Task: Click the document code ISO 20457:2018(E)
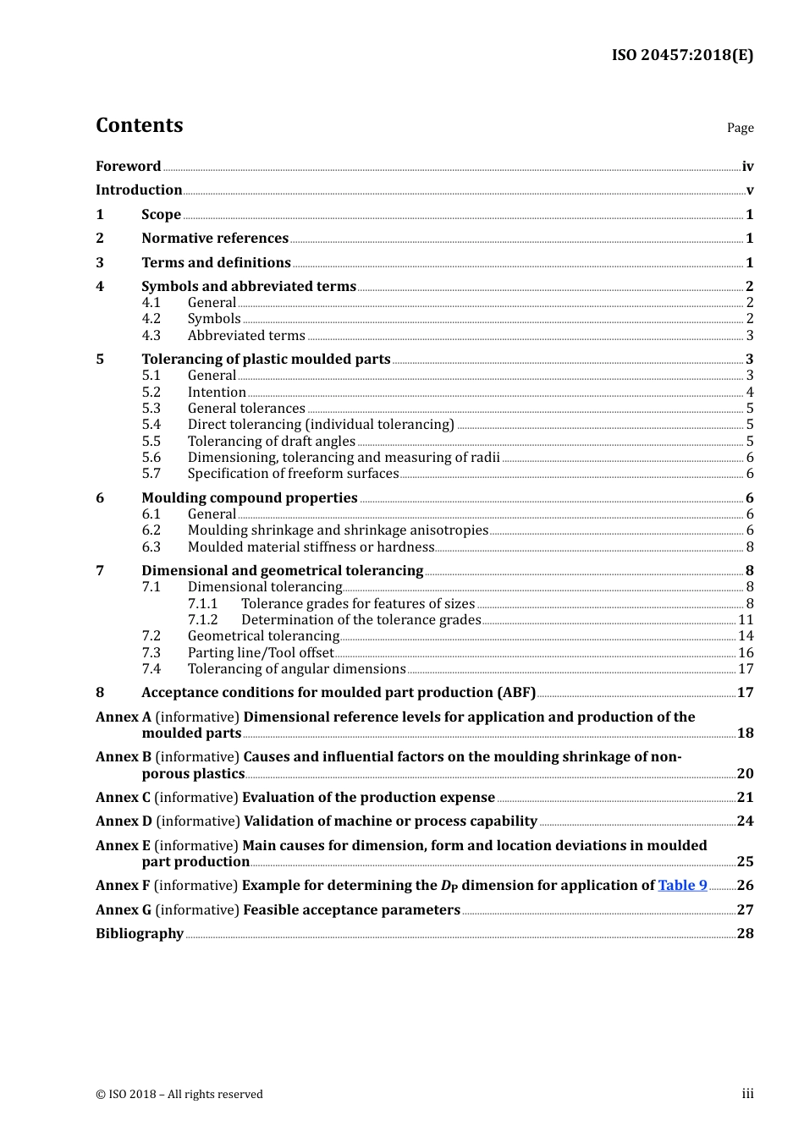pyautogui.click(x=682, y=55)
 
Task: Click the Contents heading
pyautogui.click(x=139, y=125)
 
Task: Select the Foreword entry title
pyautogui.click(x=128, y=166)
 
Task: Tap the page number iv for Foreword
pyautogui.click(x=747, y=166)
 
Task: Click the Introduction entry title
pyautogui.click(x=139, y=189)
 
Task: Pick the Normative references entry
pyautogui.click(x=215, y=238)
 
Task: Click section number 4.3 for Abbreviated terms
pyautogui.click(x=151, y=335)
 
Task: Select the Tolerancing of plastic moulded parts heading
pyautogui.click(x=266, y=359)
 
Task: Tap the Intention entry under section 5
pyautogui.click(x=217, y=392)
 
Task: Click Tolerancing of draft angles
pyautogui.click(x=271, y=441)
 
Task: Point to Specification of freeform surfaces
pyautogui.click(x=293, y=474)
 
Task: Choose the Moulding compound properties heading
pyautogui.click(x=249, y=497)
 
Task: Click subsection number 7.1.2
pyautogui.click(x=202, y=619)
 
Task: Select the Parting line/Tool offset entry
pyautogui.click(x=261, y=652)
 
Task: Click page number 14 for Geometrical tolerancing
pyautogui.click(x=746, y=635)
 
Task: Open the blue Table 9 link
pyautogui.click(x=682, y=885)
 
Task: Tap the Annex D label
pyautogui.click(x=124, y=821)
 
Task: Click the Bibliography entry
pyautogui.click(x=140, y=933)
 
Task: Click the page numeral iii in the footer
pyautogui.click(x=747, y=1094)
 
